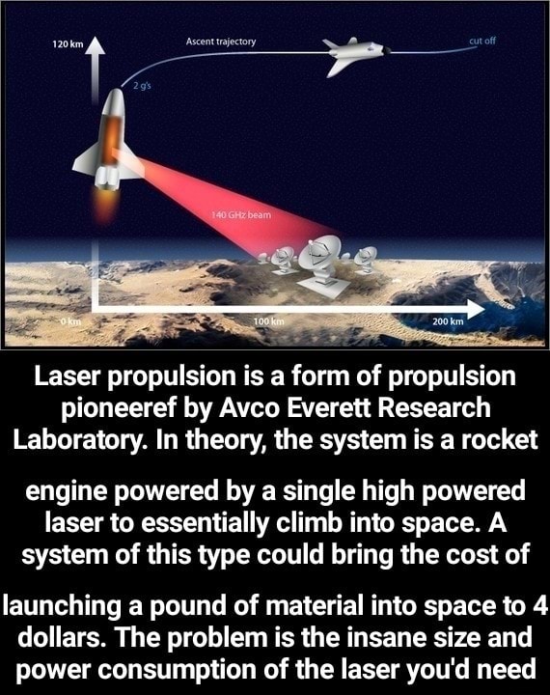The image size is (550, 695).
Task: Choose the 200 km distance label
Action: tap(449, 320)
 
